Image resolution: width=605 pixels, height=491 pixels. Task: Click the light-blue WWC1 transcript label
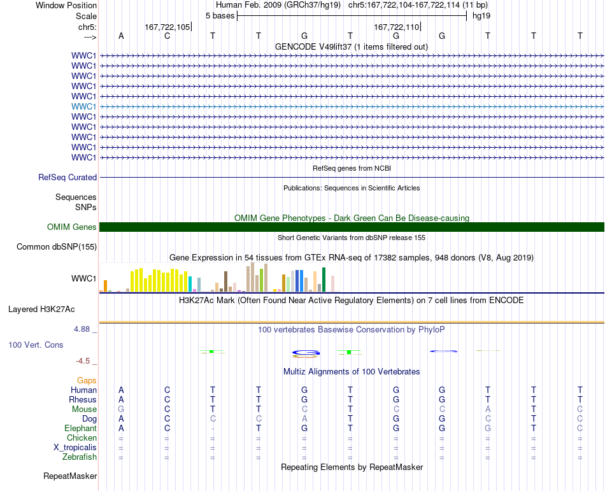pos(83,106)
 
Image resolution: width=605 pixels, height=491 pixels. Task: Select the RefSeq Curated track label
pos(68,178)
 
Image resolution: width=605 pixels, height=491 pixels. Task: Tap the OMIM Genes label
pos(72,227)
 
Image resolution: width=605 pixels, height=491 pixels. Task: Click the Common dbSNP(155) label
pos(57,247)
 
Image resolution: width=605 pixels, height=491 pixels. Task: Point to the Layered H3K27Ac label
pos(41,310)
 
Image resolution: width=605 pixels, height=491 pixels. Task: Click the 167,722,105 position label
pos(167,27)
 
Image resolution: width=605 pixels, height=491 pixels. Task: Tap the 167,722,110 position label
pos(397,27)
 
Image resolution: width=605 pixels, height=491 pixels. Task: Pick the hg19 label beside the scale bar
pos(481,16)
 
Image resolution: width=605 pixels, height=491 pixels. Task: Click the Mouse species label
pos(84,409)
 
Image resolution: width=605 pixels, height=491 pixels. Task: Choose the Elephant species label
pos(81,429)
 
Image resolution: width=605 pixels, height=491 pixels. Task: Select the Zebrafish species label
pos(80,457)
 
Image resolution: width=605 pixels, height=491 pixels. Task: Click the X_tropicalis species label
pos(75,448)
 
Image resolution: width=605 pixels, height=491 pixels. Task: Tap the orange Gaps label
pos(87,381)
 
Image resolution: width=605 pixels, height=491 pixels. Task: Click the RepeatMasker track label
pos(70,476)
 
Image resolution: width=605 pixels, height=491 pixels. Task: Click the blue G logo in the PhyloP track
pos(306,353)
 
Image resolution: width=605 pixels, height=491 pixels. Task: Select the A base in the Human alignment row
pos(121,390)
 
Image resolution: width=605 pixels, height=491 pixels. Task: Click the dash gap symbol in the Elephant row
pos(213,429)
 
